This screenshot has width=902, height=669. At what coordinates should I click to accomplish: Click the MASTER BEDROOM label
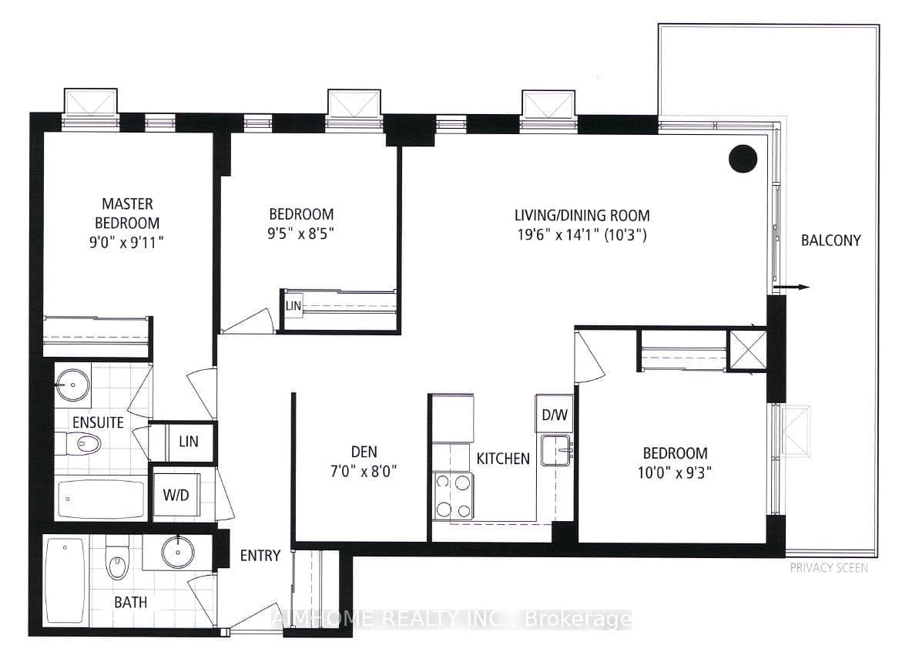127,213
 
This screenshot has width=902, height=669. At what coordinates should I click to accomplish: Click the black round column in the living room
743,158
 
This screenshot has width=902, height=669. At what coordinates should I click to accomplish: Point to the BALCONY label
830,240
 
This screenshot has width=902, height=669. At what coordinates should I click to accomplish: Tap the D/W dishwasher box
555,415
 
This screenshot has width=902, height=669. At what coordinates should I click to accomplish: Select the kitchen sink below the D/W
556,449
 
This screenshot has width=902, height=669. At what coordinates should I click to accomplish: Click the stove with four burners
452,496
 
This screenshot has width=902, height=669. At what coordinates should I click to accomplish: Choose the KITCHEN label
503,459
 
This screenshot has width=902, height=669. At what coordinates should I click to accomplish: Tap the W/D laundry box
176,495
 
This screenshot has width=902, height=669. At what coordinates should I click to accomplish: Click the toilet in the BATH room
117,563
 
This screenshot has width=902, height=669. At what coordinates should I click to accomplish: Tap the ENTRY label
260,556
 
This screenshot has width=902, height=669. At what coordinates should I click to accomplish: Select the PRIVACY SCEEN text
828,568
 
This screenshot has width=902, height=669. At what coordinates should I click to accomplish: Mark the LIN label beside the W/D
188,442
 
